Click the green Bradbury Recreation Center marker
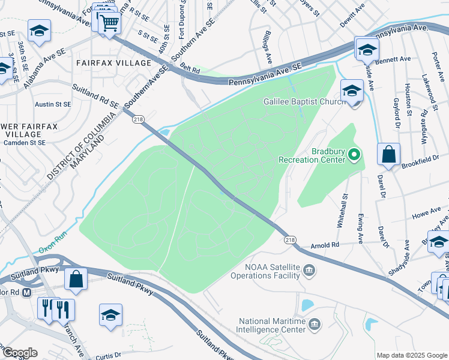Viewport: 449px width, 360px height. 354,155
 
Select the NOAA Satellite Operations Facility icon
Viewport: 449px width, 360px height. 309,269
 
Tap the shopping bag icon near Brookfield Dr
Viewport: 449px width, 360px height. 388,154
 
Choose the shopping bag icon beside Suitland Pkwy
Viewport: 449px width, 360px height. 76,278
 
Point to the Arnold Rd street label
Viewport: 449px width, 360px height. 325,245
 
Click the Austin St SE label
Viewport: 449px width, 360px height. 53,104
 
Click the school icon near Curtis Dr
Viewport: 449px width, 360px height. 111,315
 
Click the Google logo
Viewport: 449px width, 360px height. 19,353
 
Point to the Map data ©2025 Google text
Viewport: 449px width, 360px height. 411,355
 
